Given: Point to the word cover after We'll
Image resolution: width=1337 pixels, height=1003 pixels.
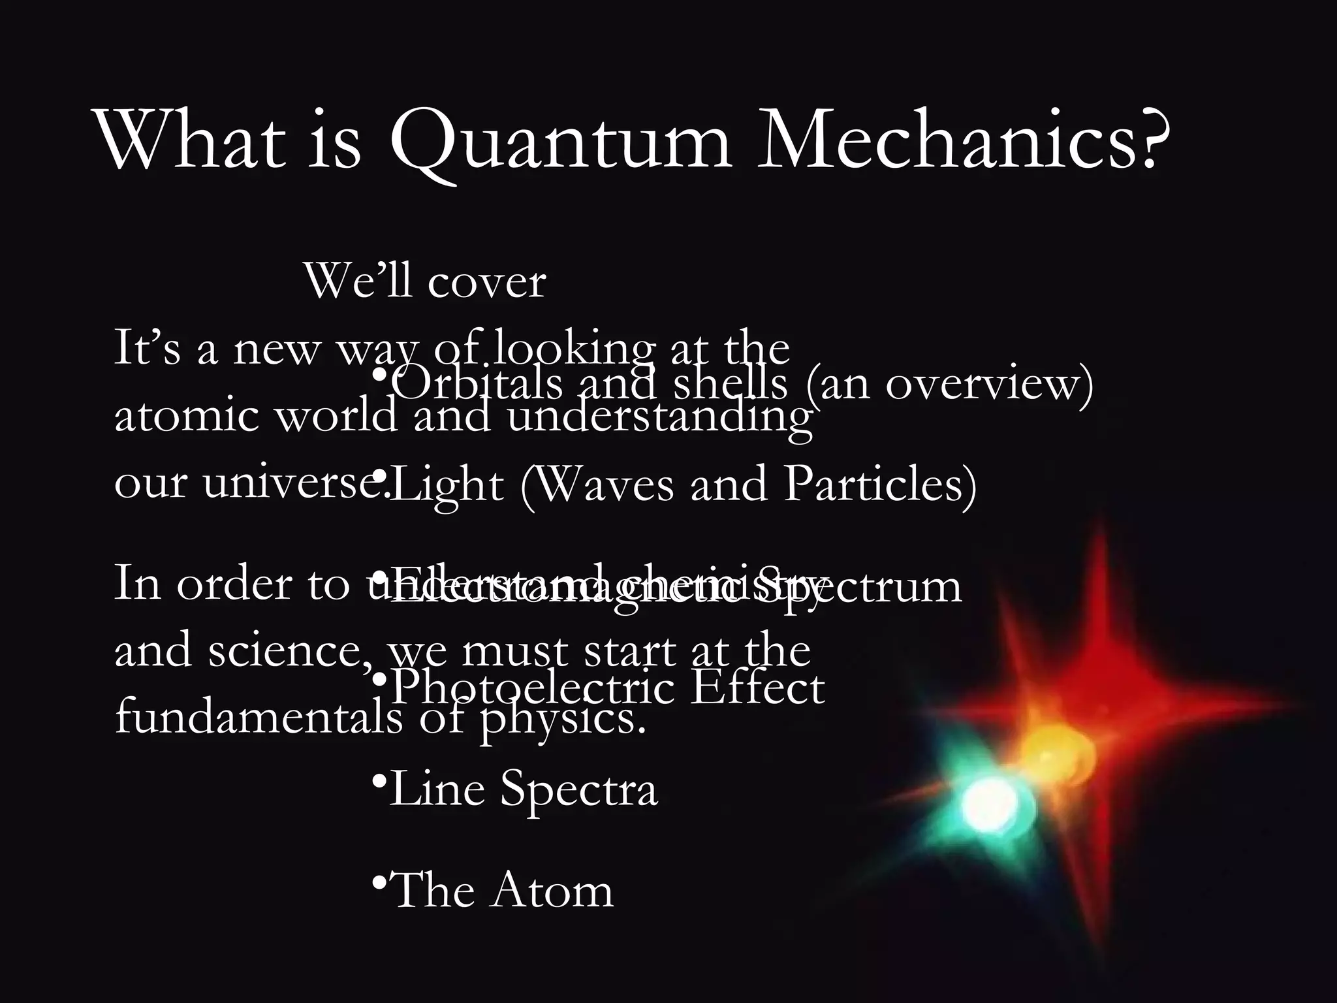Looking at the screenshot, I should point(486,283).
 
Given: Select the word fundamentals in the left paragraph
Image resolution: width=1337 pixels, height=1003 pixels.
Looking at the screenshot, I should point(259,718).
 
